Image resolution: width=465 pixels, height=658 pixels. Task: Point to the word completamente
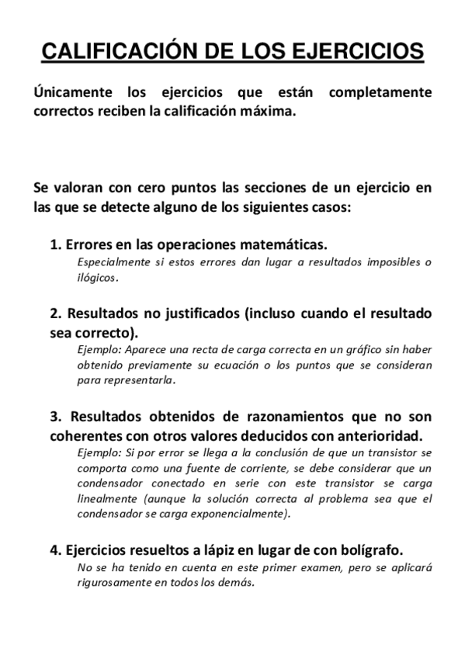(x=380, y=93)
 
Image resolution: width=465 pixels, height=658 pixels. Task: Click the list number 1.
(x=54, y=244)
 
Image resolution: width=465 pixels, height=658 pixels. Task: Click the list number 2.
(x=54, y=314)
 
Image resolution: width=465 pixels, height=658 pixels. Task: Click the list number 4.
(x=54, y=550)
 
